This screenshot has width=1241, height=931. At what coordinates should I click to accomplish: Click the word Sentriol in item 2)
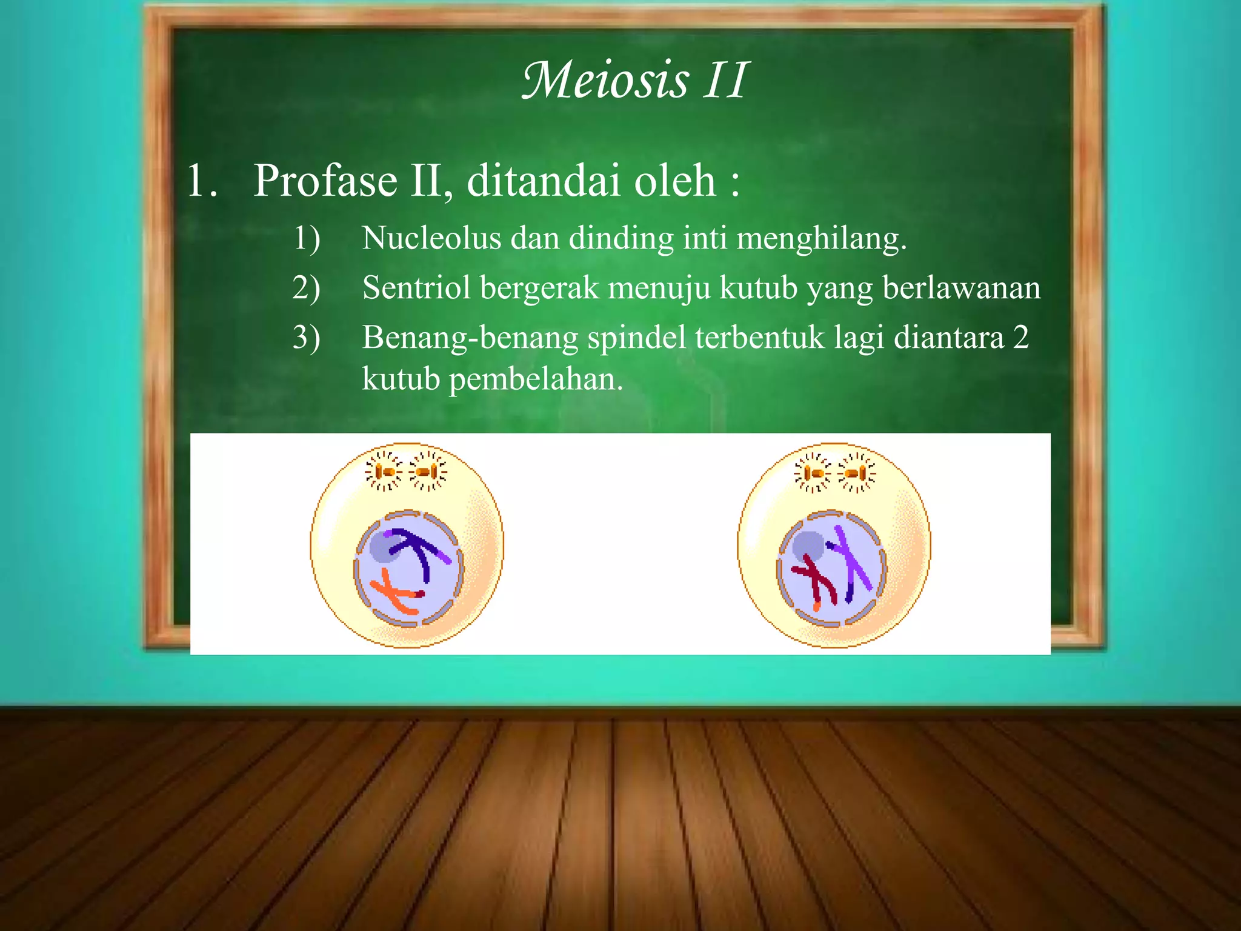[x=416, y=287]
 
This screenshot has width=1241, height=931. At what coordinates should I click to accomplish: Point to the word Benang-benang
[x=470, y=338]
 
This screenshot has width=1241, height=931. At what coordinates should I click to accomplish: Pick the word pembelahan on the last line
[x=536, y=379]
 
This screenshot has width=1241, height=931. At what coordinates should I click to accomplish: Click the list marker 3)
[x=306, y=338]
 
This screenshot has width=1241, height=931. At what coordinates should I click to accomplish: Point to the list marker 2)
[x=306, y=287]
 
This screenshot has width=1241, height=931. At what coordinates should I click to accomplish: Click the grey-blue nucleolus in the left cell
[x=382, y=547]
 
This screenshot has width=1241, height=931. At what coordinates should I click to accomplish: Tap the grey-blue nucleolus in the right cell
[x=808, y=546]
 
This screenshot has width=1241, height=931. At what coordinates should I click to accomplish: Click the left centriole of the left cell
[x=384, y=472]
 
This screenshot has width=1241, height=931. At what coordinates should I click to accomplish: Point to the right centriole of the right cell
[x=856, y=473]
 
